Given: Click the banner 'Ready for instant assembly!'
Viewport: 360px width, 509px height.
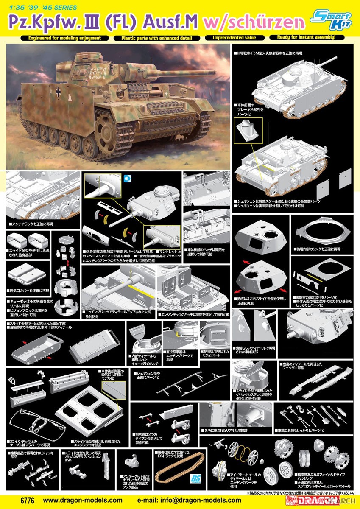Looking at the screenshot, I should [x=306, y=37].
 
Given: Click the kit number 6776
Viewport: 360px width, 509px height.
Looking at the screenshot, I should [x=14, y=500].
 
